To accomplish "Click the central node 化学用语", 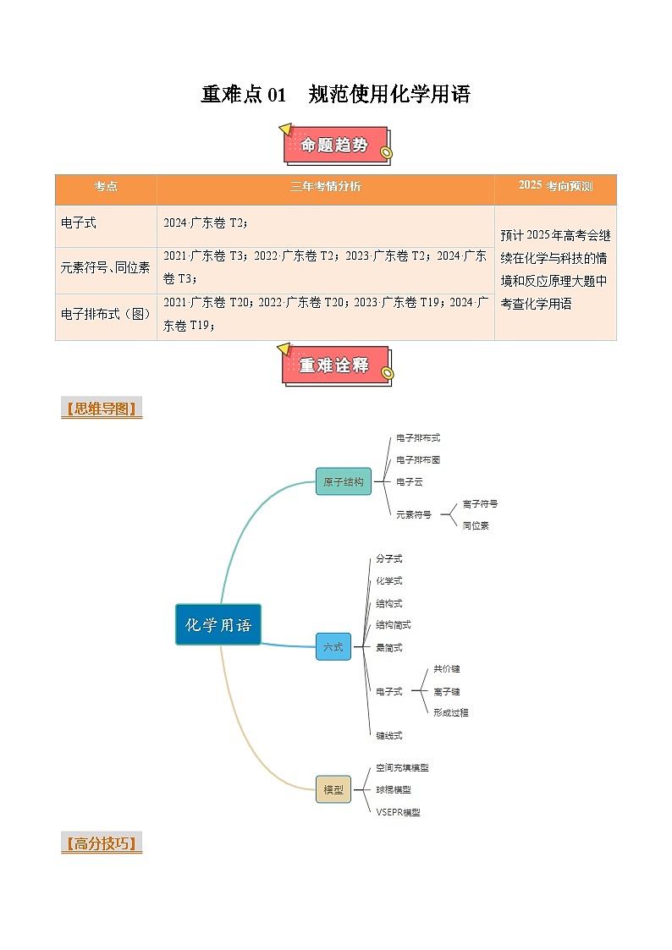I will (x=218, y=625).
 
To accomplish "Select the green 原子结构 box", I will (x=343, y=481).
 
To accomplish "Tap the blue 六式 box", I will (x=333, y=647).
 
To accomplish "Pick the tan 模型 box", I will (x=333, y=789).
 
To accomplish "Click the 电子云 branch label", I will (x=410, y=481).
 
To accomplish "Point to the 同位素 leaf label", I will (x=476, y=525).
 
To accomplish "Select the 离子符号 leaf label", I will (x=480, y=503).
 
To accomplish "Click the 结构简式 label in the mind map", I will (x=394, y=625).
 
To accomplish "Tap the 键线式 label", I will (x=389, y=735).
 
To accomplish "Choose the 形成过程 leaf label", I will (x=450, y=712).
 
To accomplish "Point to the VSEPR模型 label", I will (x=398, y=812).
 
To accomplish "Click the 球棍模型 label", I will (x=394, y=789).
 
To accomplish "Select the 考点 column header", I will (x=106, y=187).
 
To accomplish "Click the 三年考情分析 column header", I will (x=325, y=187).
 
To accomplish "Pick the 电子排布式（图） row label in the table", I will (x=106, y=314).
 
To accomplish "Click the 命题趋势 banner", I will (x=335, y=146).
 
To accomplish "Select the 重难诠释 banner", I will (x=335, y=365).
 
